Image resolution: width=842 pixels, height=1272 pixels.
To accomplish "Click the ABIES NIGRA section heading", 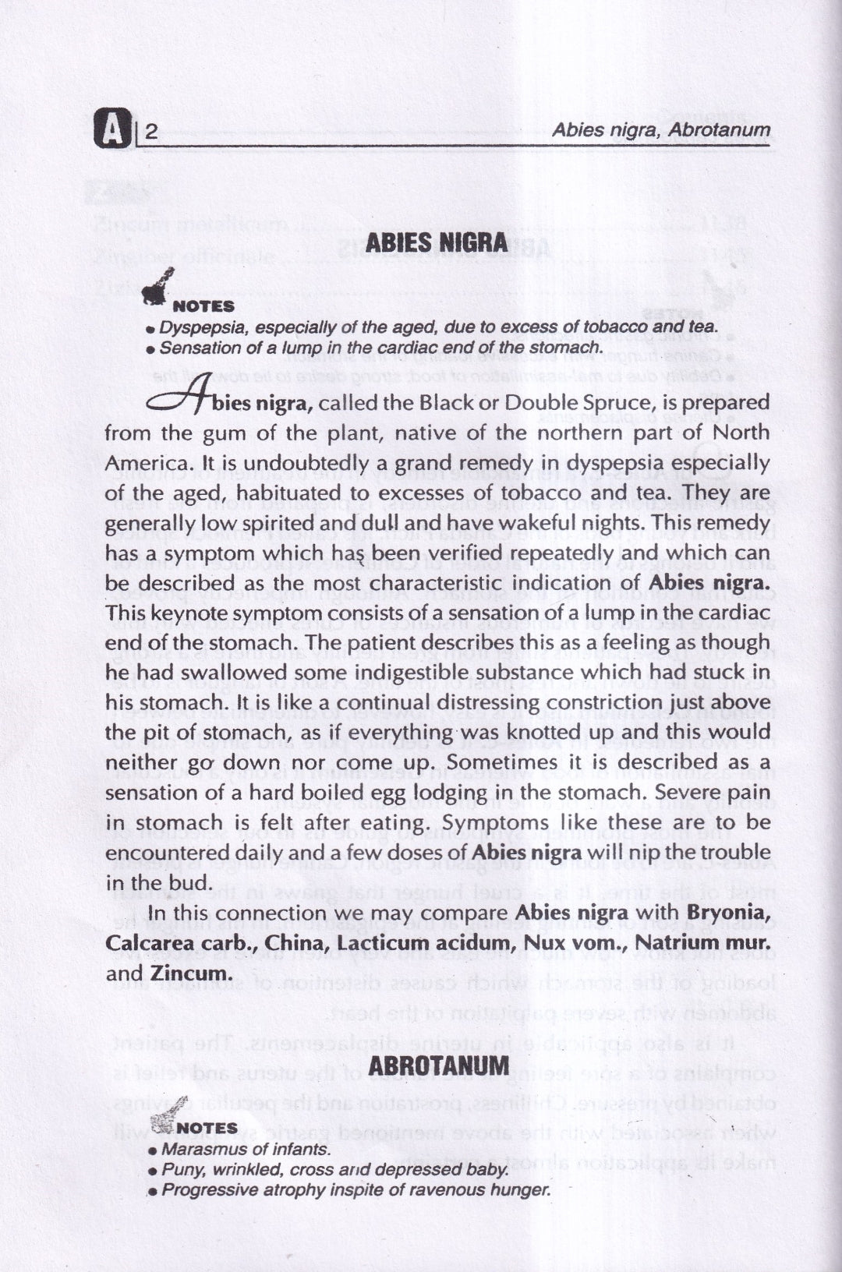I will click(x=437, y=242).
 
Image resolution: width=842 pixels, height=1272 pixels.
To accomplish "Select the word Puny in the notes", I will click(x=179, y=1170).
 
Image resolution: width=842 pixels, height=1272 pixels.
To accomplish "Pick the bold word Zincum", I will click(x=191, y=973).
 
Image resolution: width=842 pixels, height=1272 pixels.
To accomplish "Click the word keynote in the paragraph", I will click(x=179, y=613).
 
